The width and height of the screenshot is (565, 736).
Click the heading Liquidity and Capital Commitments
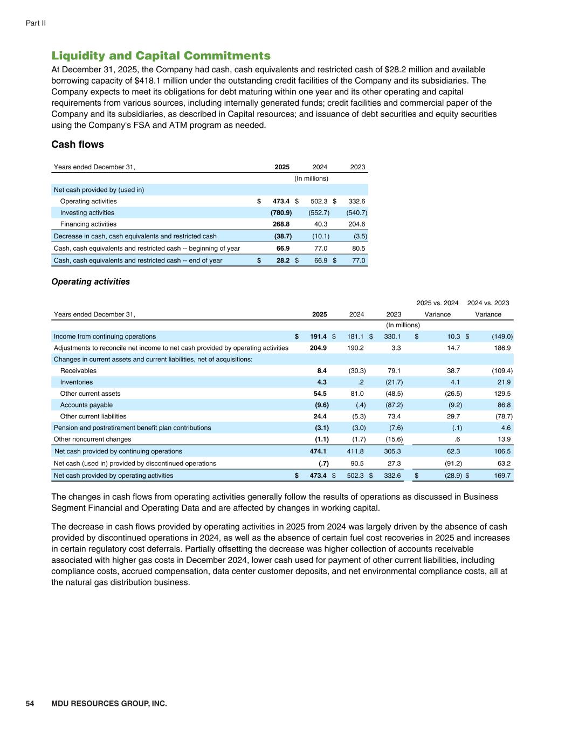[161, 56]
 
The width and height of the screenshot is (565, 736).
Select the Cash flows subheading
[78, 145]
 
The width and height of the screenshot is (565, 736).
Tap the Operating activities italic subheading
[91, 281]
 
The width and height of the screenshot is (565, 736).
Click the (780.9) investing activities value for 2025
[281, 213]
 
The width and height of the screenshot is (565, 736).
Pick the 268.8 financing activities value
[281, 224]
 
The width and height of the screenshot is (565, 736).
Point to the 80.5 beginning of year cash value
[358, 249]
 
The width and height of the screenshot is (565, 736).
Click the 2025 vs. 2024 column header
[437, 303]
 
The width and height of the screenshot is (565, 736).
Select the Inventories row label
[77, 382]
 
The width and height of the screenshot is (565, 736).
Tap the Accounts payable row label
[86, 405]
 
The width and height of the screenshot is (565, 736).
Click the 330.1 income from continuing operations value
[392, 336]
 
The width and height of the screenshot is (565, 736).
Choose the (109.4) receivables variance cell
[501, 371]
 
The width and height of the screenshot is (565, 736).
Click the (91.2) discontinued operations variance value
[451, 464]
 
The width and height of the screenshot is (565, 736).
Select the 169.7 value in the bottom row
[502, 476]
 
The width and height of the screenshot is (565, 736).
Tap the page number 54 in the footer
[30, 704]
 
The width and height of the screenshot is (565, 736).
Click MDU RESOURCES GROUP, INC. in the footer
[109, 704]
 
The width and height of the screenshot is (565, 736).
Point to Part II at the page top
[36, 23]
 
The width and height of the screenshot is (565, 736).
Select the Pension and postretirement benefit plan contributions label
[133, 428]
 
